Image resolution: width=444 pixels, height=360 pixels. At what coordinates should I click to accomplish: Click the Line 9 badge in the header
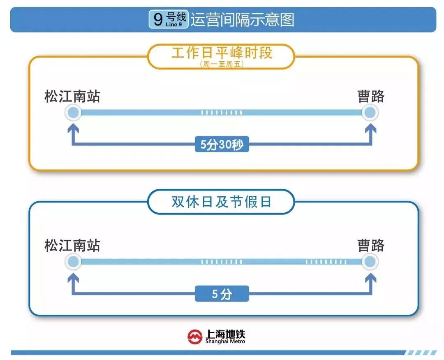169,19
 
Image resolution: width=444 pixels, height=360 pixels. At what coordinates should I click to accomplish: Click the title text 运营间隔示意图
243,20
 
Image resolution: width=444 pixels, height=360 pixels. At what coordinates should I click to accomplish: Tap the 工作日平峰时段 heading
222,53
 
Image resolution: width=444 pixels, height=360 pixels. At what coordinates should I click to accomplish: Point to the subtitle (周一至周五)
222,64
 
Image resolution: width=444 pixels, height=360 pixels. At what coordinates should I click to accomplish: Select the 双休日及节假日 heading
222,202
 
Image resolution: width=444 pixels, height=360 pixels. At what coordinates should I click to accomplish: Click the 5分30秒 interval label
222,144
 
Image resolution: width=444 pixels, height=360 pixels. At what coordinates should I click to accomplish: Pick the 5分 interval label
222,294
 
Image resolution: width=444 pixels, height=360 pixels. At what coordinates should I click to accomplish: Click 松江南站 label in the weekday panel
72,96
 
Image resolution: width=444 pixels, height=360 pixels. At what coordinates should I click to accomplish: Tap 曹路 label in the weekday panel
371,96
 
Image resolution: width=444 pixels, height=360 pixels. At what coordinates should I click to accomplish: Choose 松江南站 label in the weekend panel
72,245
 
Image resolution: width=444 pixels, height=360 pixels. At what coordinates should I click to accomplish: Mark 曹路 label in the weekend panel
371,245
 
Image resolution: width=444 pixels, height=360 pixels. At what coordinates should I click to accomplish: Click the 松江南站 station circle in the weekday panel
73,113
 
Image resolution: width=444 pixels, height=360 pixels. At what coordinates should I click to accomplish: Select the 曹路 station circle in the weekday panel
370,113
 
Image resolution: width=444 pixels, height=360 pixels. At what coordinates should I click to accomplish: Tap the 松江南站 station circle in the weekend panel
73,262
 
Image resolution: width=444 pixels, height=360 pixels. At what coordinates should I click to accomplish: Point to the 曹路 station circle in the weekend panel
370,262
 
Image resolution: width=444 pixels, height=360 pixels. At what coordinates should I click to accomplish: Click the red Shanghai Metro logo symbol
195,337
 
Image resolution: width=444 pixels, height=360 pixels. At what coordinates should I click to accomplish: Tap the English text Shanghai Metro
225,341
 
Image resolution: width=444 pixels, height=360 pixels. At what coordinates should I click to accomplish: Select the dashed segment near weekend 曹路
326,262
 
